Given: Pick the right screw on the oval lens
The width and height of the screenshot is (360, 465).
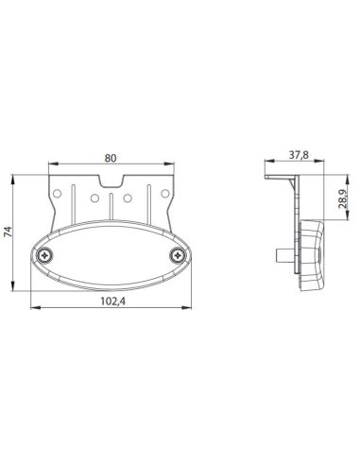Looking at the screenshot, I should [x=178, y=255].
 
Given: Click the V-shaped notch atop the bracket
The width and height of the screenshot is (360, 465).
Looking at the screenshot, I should [x=111, y=181].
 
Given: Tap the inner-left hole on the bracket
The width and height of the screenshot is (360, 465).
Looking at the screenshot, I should [x=94, y=198].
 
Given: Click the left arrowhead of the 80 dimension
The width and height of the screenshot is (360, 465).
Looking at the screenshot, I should [x=51, y=167].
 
